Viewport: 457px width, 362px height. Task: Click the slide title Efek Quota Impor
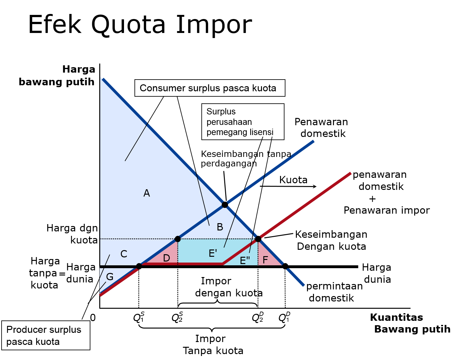pyautogui.click(x=140, y=25)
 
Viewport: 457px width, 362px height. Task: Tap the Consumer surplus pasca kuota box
pyautogui.click(x=210, y=88)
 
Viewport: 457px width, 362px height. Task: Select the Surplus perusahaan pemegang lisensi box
pyautogui.click(x=243, y=122)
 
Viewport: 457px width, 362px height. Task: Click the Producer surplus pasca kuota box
pyautogui.click(x=46, y=335)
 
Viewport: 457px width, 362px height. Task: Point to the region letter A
pyautogui.click(x=147, y=193)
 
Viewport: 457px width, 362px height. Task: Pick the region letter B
pyautogui.click(x=220, y=227)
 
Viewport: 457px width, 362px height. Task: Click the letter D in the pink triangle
pyautogui.click(x=166, y=258)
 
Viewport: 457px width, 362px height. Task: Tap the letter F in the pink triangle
pyautogui.click(x=265, y=260)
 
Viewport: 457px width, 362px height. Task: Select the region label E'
pyautogui.click(x=213, y=253)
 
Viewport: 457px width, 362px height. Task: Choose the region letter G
pyautogui.click(x=110, y=277)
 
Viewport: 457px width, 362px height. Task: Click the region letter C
pyautogui.click(x=124, y=254)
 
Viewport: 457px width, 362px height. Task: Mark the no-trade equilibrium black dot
pyautogui.click(x=225, y=204)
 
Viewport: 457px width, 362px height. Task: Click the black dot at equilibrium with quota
pyautogui.click(x=258, y=239)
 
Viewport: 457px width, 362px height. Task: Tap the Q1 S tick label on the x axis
pyautogui.click(x=139, y=317)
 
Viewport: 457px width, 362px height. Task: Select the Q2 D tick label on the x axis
pyautogui.click(x=258, y=317)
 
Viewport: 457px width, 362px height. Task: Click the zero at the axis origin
pyautogui.click(x=93, y=317)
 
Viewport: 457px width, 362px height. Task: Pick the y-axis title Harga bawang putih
pyautogui.click(x=57, y=75)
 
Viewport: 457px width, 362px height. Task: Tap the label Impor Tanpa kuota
pyautogui.click(x=212, y=345)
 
